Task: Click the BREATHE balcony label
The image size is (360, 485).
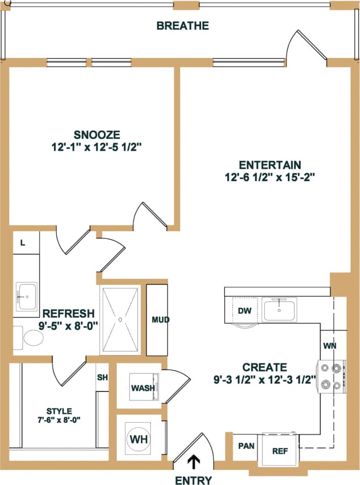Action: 183,26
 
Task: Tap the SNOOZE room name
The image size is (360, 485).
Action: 97,135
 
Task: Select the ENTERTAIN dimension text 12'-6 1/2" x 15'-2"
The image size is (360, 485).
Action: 270,177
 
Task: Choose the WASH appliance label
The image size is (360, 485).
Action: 143,388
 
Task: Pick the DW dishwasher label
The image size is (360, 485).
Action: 244,311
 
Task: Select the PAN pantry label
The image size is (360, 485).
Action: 246,446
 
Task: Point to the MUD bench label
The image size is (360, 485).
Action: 160,320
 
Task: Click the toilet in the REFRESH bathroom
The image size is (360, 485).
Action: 32,338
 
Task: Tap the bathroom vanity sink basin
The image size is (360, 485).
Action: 27,297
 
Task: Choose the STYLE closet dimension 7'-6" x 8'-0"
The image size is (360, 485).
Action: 60,420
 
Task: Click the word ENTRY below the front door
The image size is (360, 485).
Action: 193,480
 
